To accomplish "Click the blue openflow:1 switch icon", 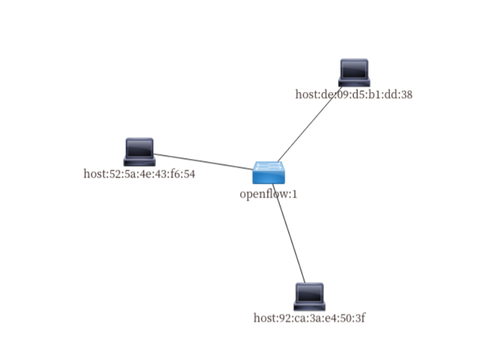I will point(269,173).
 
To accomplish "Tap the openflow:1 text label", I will point(264,194).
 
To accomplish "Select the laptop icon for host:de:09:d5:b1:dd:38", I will point(354,73).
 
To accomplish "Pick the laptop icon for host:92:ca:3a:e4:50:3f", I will point(309,297).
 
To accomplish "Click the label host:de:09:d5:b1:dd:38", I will point(354,94).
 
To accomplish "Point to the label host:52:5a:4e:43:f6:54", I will point(139,174).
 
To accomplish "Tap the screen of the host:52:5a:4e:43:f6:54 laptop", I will point(139,147).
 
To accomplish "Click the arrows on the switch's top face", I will point(269,166).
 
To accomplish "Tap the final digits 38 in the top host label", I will point(406,94).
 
